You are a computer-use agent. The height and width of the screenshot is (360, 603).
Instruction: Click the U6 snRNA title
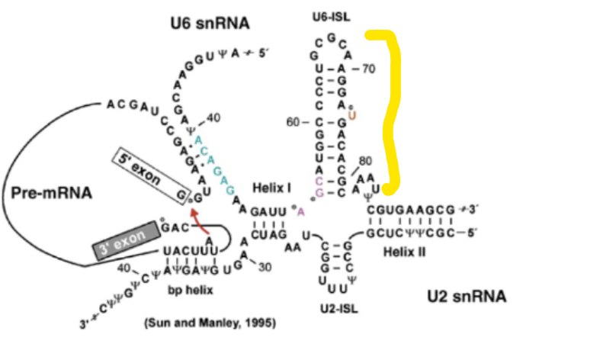pyautogui.click(x=210, y=24)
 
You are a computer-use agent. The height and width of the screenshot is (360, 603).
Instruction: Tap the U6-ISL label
pyautogui.click(x=329, y=15)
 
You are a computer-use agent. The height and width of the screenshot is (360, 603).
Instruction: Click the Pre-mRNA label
pyautogui.click(x=52, y=193)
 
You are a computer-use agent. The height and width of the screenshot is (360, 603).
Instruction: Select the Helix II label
pyautogui.click(x=405, y=249)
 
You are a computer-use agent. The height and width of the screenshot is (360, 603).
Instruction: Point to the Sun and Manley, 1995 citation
pyautogui.click(x=210, y=323)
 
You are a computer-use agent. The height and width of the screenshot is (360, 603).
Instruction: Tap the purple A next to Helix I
pyautogui.click(x=300, y=211)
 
